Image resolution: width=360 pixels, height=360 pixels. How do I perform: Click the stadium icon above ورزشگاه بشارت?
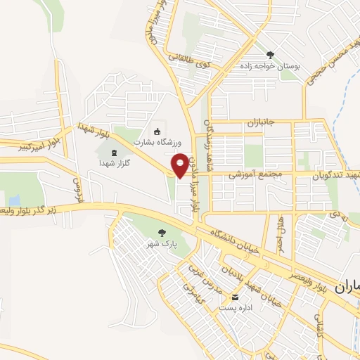(157, 131)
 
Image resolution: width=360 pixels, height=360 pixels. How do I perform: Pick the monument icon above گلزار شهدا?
(114, 151)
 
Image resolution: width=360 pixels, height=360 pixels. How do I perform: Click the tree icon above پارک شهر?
(162, 232)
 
